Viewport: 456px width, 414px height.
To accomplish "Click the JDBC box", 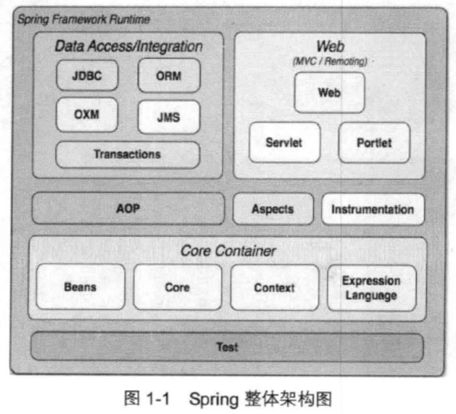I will coord(87,75).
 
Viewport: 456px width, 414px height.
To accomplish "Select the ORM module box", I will coord(168,75).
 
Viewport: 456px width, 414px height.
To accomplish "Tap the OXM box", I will coord(87,114).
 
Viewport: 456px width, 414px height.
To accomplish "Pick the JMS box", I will coord(168,118).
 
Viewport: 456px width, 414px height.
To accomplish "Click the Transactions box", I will coord(127,154).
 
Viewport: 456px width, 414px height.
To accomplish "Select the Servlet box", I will coord(284,142).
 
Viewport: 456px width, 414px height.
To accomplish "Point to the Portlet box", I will coord(374,142).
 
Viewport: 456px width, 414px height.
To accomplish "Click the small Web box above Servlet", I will coord(329,93).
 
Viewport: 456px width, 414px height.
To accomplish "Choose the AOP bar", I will coord(128,208).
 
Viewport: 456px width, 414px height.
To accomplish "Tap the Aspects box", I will coord(272,209).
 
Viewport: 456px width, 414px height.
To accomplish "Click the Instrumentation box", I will coord(372,209).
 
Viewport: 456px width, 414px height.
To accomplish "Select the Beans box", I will coord(80,287).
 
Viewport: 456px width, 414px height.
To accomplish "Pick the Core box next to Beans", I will coord(177,287).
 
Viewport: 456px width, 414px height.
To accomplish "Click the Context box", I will coord(274,287).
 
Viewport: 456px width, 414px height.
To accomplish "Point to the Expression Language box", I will coord(371,287).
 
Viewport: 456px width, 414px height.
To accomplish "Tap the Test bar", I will coord(227,347).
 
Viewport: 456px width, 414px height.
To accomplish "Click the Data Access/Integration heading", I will coord(128,47).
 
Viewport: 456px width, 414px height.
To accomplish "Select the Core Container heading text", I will coord(227,251).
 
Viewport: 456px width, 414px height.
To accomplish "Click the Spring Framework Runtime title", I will coord(83,19).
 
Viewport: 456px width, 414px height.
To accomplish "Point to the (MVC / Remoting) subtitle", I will coord(329,61).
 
